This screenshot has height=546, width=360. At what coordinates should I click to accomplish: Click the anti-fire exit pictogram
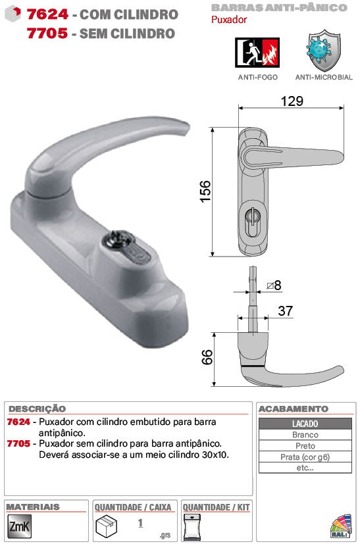click(x=257, y=53)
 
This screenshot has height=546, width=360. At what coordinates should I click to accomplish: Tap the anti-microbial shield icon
click(x=324, y=51)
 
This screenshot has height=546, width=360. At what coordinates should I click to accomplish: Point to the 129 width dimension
click(x=292, y=101)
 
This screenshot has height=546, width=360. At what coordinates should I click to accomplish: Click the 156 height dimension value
click(x=205, y=191)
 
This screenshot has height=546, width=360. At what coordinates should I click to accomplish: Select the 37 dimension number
click(x=286, y=311)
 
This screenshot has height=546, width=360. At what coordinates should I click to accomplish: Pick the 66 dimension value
click(x=207, y=357)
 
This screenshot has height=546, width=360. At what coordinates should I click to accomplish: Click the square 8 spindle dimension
click(x=274, y=285)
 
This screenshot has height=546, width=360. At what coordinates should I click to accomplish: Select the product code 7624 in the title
click(x=47, y=14)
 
